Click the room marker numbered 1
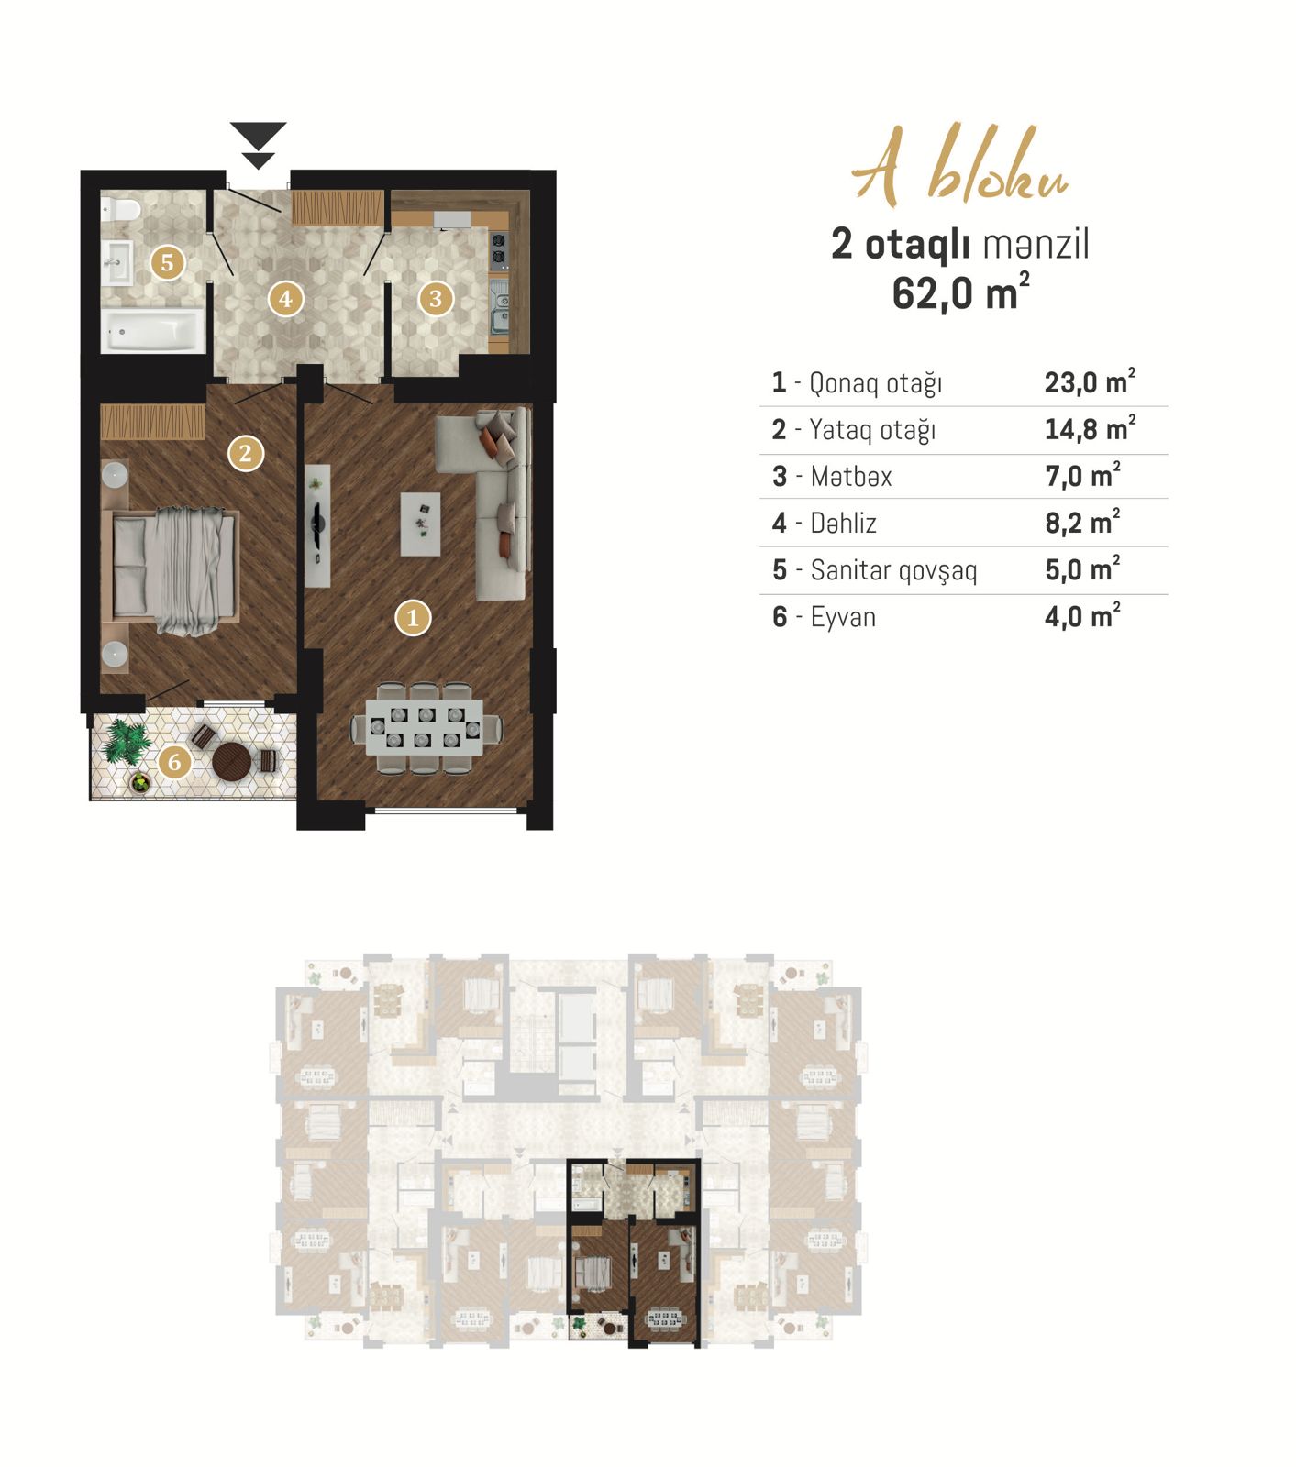[413, 618]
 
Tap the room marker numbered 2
[245, 452]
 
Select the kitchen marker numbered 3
[436, 298]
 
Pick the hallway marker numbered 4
[285, 298]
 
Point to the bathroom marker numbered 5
[167, 262]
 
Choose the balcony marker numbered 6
[174, 761]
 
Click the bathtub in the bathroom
[153, 330]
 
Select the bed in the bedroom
[174, 569]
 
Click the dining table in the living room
[426, 729]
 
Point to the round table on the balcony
[231, 760]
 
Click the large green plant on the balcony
[126, 741]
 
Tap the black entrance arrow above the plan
[259, 145]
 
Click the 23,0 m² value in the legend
[1090, 381]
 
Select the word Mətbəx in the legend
[851, 476]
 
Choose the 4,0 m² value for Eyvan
[1082, 615]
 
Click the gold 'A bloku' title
[960, 166]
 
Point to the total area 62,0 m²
[960, 293]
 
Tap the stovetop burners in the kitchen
[499, 248]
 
